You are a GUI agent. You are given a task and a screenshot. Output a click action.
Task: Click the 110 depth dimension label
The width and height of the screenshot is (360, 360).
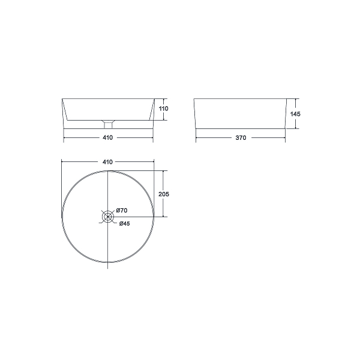[163, 109]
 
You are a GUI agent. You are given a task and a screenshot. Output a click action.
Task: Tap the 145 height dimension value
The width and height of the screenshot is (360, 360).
[295, 114]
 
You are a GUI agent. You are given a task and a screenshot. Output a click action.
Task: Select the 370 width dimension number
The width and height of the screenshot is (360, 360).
[241, 138]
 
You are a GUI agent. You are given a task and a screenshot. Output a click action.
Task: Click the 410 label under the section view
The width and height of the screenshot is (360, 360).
[107, 137]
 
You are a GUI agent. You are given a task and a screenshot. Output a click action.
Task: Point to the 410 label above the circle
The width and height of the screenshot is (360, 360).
[107, 162]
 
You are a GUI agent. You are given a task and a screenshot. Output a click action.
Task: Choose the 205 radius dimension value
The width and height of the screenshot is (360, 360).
[164, 194]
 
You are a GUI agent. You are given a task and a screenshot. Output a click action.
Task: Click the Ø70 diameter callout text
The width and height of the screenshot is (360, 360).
[121, 211]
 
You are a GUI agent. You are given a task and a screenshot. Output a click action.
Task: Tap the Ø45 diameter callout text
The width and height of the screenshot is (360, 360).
[124, 223]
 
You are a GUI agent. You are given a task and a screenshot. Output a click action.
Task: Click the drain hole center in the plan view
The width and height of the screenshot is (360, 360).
[107, 217]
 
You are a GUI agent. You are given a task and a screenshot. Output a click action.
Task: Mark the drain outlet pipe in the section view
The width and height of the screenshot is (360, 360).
[108, 125]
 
